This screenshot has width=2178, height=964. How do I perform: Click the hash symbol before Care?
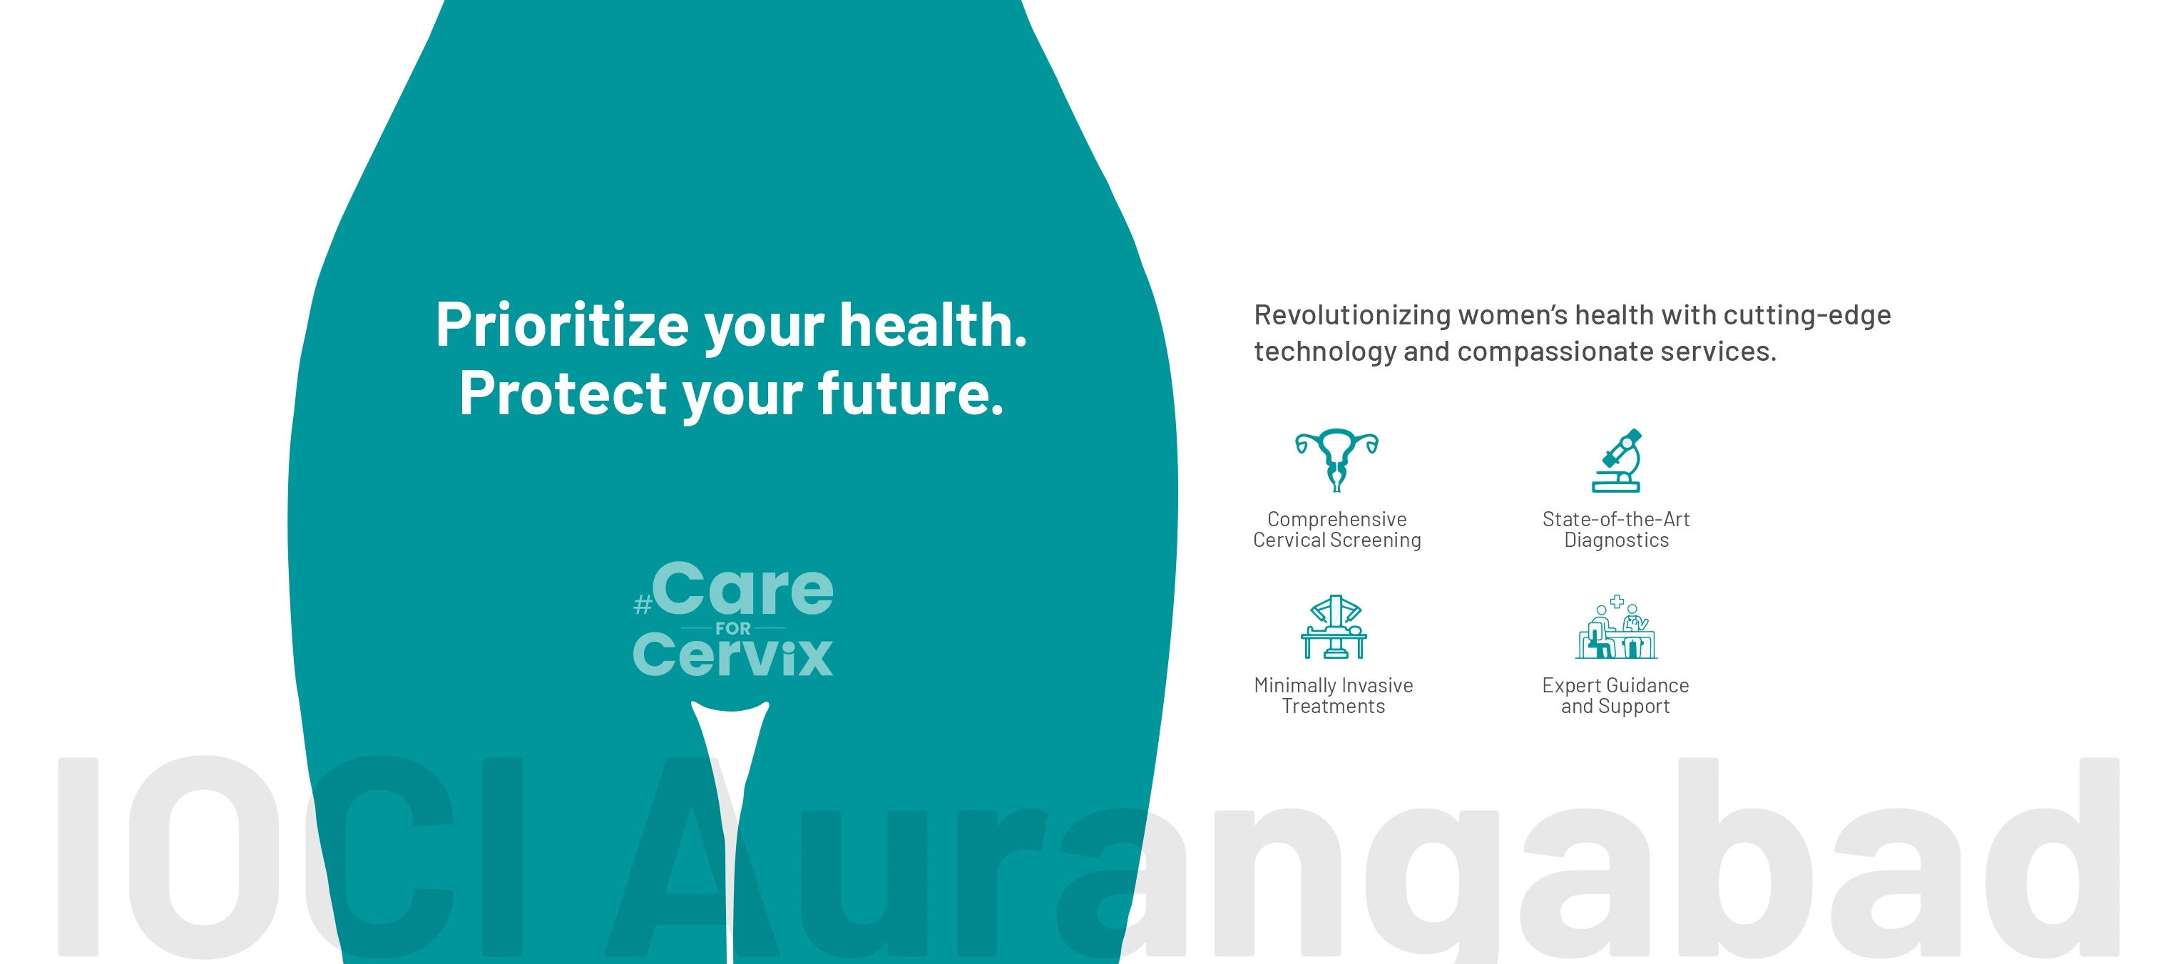(643, 605)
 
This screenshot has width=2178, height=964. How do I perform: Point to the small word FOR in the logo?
(733, 628)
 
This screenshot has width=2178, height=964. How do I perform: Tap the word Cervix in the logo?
(733, 655)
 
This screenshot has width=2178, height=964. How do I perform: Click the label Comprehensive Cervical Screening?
(1336, 529)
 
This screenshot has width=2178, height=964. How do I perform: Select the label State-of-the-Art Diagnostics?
(1616, 529)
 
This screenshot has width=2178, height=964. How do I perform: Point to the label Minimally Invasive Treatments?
(1334, 696)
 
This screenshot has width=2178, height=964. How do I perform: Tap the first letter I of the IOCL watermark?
(78, 856)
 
